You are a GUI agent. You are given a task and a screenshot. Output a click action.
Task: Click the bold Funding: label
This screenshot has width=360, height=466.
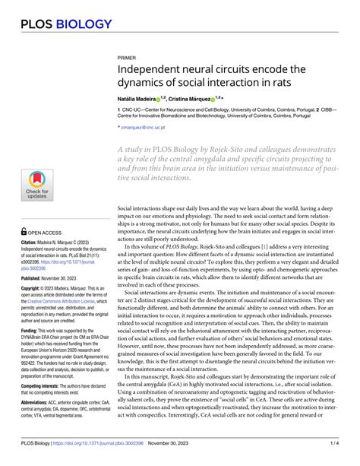pos(33,332)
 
